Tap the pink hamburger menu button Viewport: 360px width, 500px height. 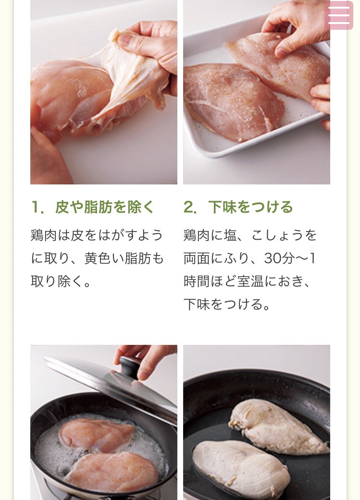(x=339, y=15)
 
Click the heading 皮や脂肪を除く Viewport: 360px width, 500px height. (x=105, y=207)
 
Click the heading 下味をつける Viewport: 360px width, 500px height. (x=250, y=207)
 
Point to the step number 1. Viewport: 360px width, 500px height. (x=37, y=207)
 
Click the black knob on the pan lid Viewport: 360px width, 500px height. (x=130, y=366)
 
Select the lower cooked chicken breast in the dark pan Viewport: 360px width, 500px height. (x=241, y=467)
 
